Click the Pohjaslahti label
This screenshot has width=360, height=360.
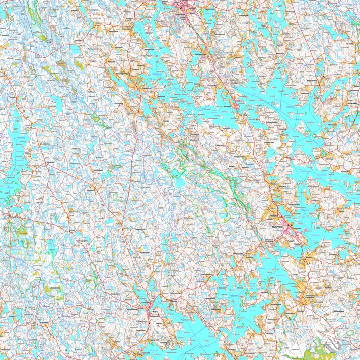pyautogui.click(x=313, y=80)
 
